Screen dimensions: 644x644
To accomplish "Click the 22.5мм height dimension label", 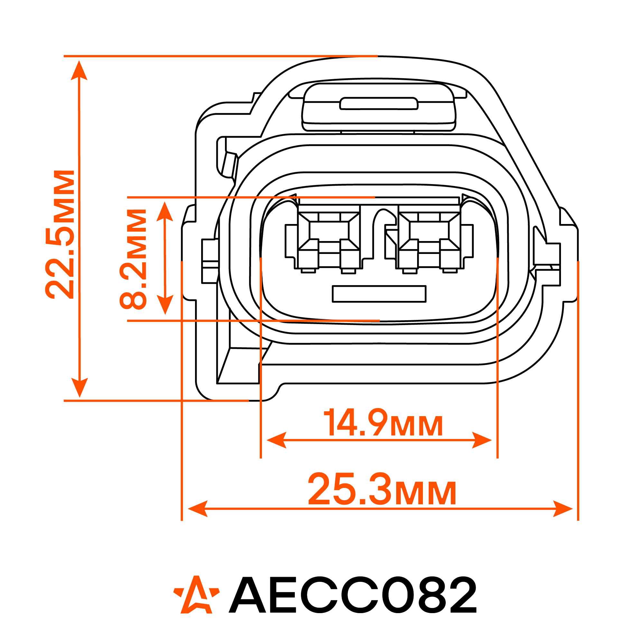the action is coord(60,234).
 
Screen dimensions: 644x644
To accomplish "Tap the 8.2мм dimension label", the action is coord(133,259).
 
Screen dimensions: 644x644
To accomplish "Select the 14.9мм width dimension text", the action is coord(383,422).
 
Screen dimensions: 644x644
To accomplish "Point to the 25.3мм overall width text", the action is coord(382,489).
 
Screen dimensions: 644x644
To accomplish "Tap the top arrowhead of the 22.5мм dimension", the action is coord(79,70).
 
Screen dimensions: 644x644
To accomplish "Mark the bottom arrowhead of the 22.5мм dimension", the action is coord(80,388).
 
